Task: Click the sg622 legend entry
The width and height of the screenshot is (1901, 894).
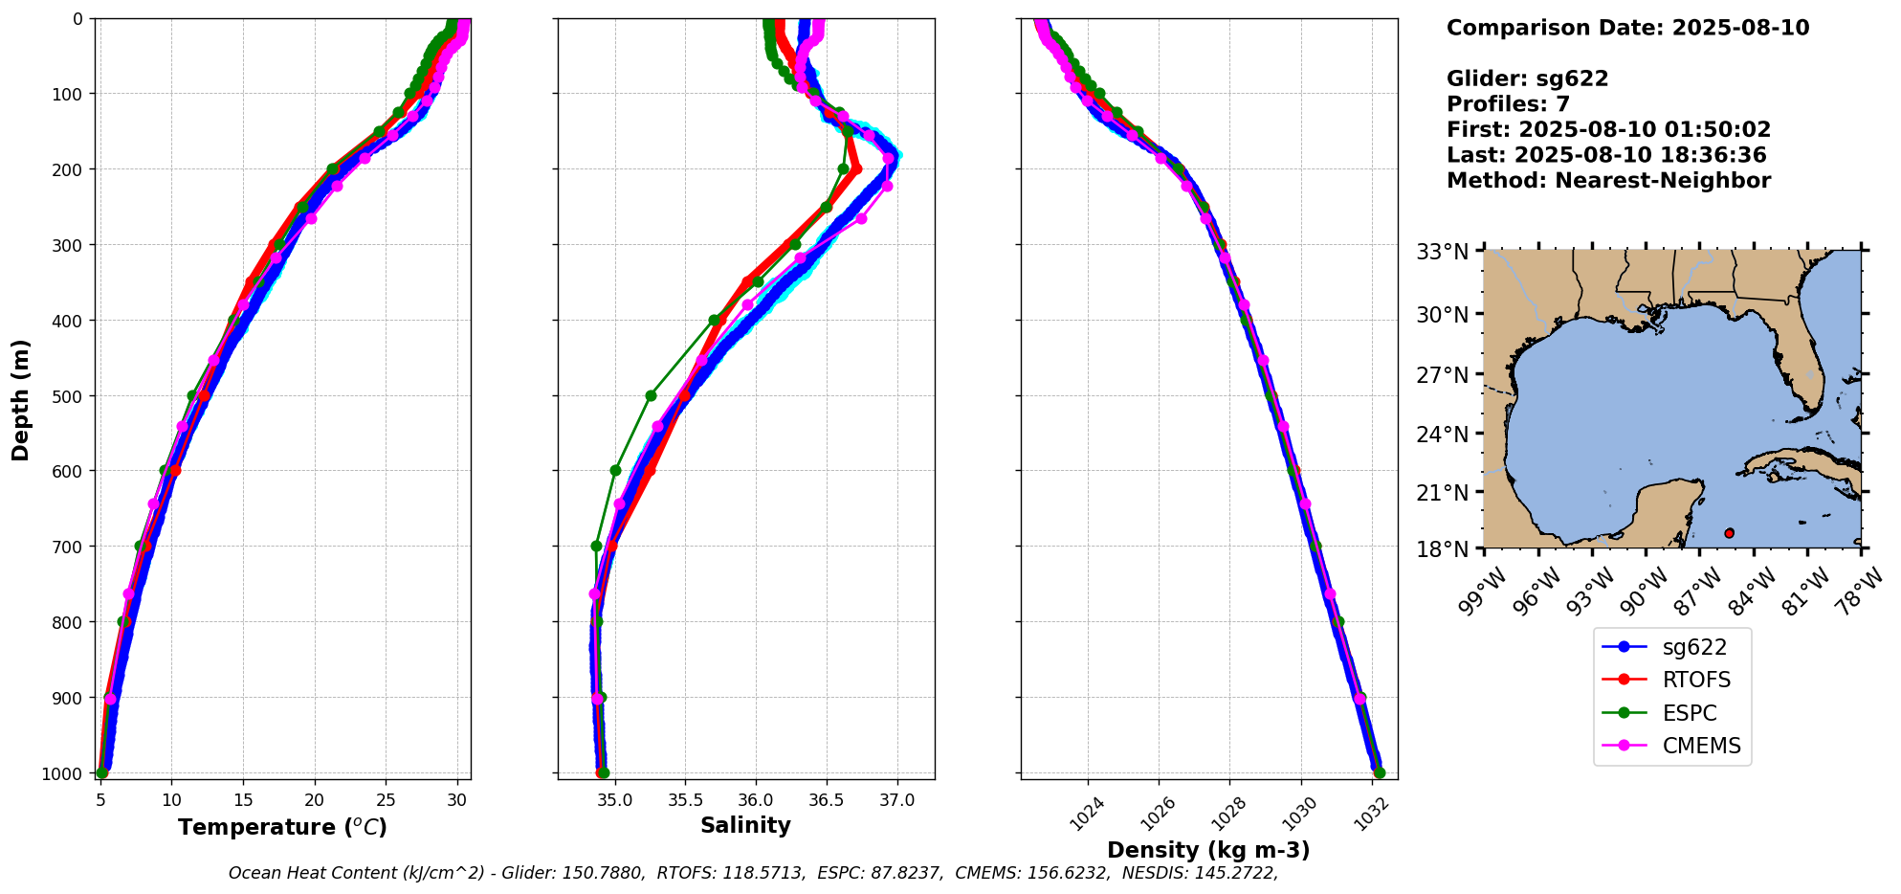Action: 1693,647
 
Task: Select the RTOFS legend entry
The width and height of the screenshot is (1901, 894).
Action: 1696,680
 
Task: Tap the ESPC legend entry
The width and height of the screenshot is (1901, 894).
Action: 1690,713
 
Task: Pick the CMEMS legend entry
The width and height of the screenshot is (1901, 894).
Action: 1701,746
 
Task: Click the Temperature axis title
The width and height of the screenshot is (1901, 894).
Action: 282,827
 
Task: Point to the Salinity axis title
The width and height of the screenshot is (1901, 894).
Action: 745,826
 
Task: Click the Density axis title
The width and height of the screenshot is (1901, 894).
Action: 1208,850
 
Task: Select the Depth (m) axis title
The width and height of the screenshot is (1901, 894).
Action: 21,399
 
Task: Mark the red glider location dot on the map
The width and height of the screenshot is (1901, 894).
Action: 1729,533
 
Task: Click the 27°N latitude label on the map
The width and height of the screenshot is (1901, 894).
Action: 1442,374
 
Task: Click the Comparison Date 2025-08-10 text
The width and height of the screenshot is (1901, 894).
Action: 1627,28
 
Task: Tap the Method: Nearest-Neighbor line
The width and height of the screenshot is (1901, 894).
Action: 1608,181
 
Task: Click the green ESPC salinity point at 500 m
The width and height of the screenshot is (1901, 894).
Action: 651,395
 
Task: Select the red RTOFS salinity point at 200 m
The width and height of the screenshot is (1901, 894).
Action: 856,169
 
